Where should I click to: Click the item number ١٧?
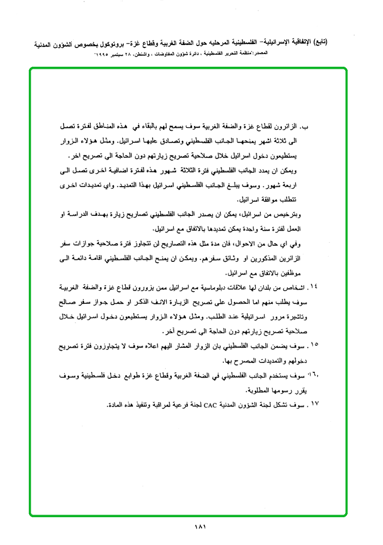coord(314,405)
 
